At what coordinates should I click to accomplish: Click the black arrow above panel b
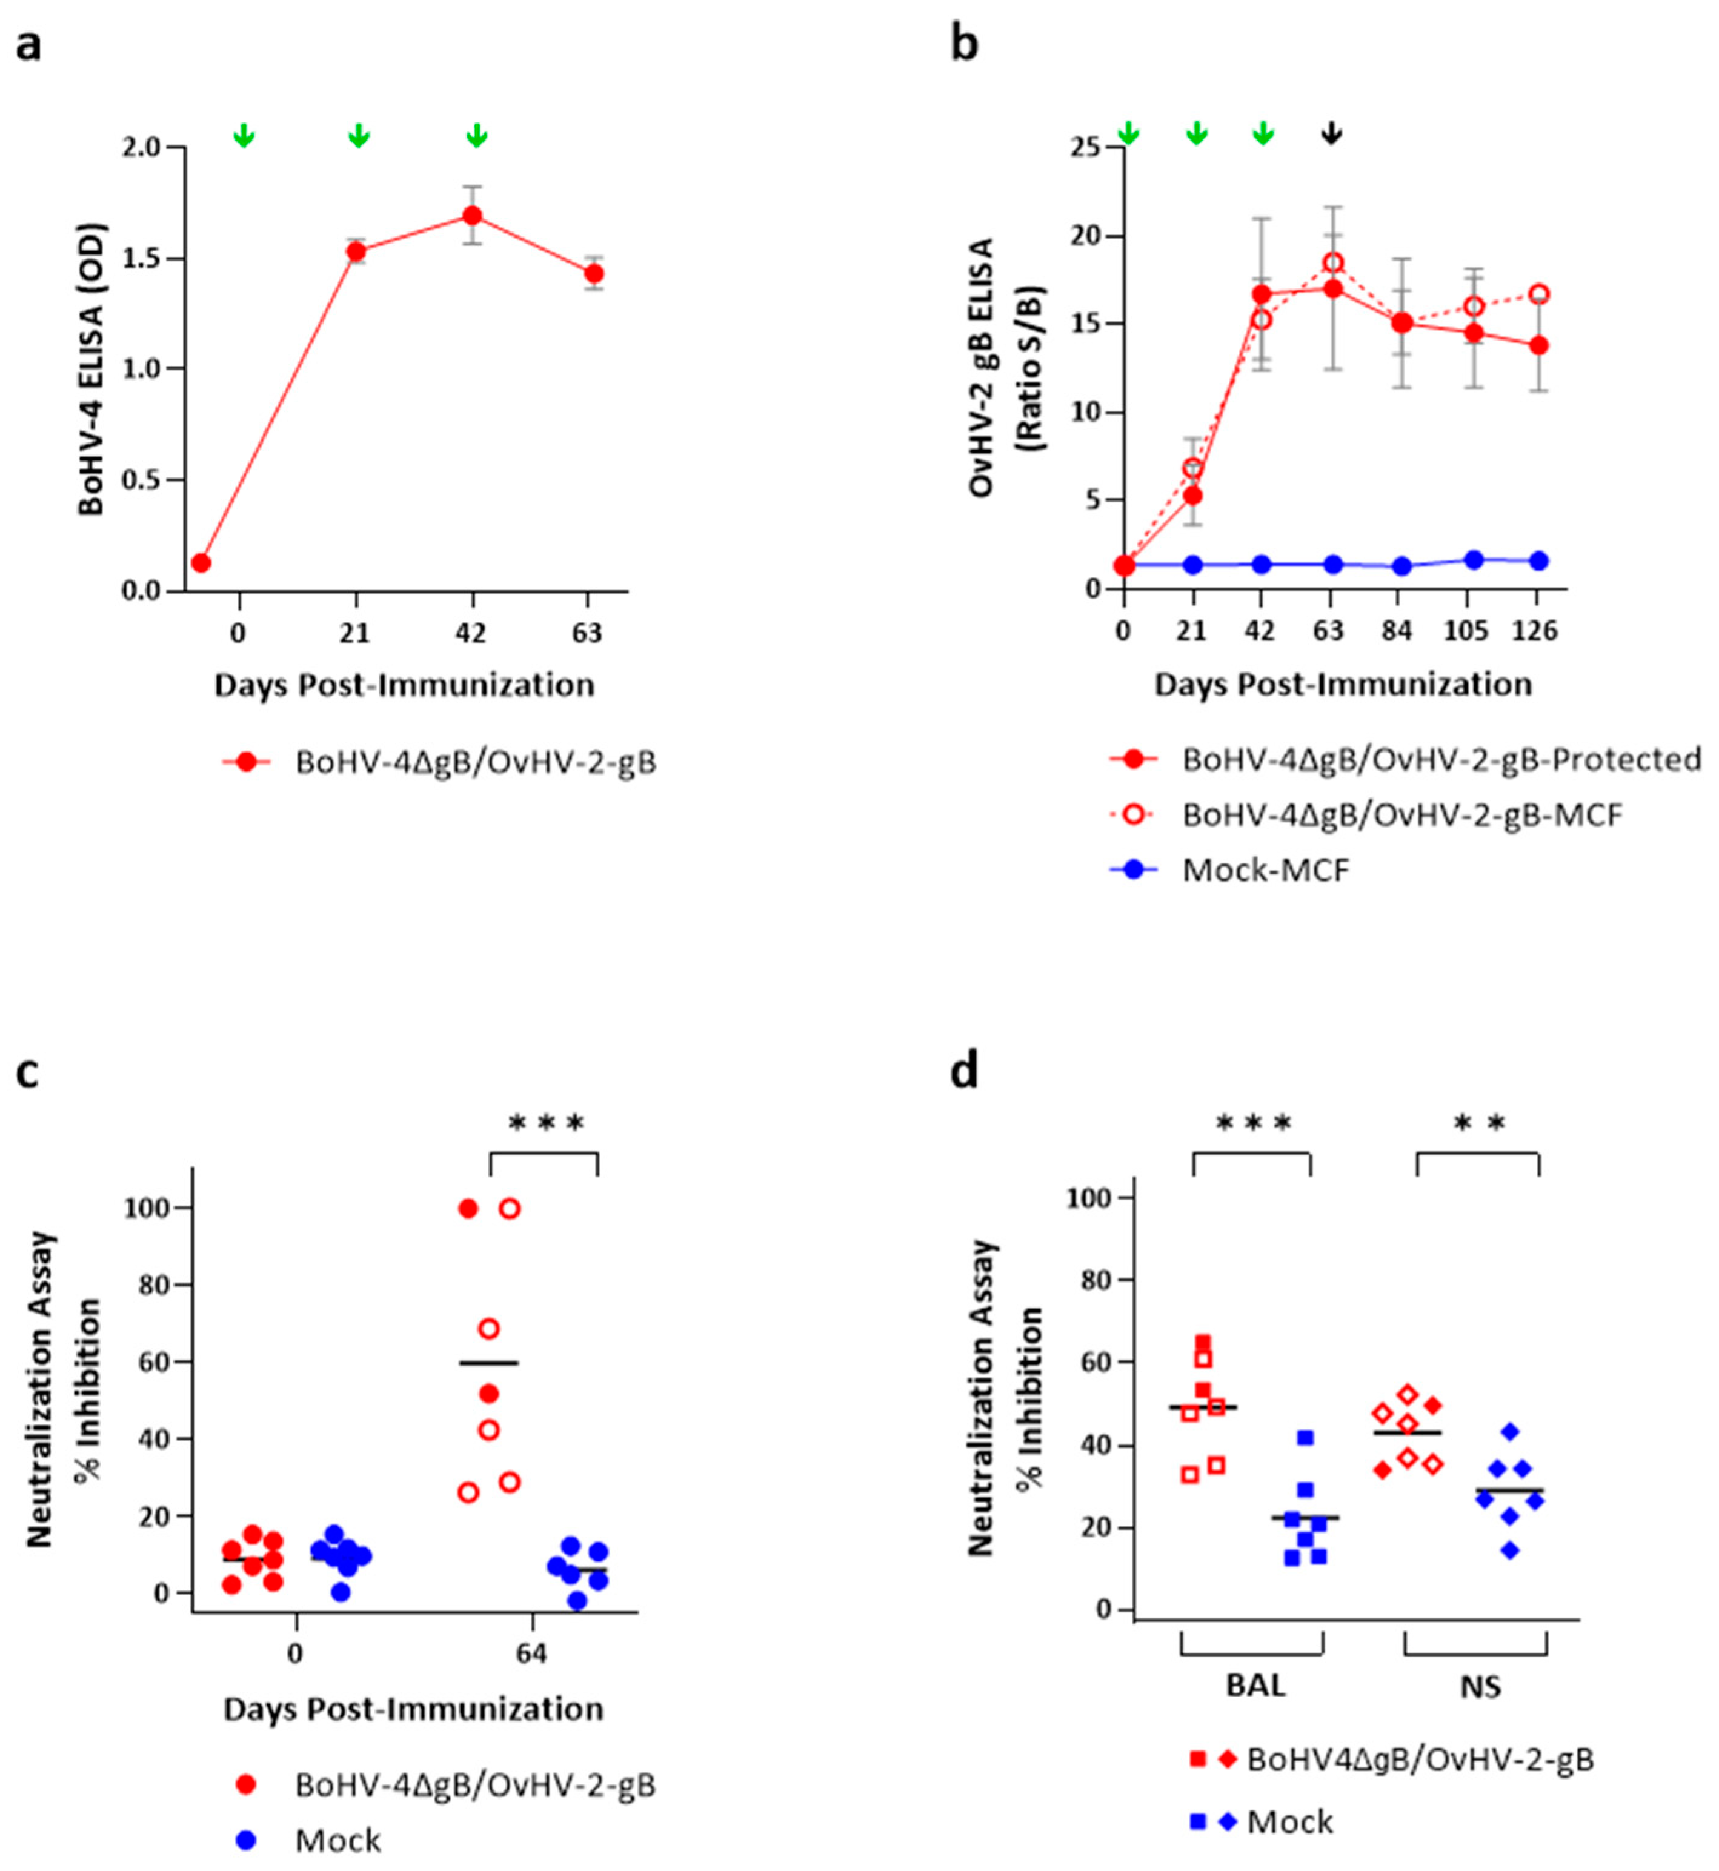click(1331, 133)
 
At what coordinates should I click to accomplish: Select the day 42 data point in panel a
click(473, 216)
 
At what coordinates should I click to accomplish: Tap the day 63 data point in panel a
click(593, 273)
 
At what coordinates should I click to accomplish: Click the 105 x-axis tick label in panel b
click(1466, 631)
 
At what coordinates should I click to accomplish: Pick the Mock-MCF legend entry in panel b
click(1265, 871)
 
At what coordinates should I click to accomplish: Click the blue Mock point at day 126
click(1538, 560)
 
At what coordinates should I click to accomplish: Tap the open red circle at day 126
click(1538, 294)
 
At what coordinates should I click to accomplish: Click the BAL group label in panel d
click(1255, 1686)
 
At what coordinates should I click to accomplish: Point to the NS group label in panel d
click(1480, 1686)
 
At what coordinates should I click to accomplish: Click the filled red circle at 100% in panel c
click(468, 1209)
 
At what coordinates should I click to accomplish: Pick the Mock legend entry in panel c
click(337, 1840)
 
